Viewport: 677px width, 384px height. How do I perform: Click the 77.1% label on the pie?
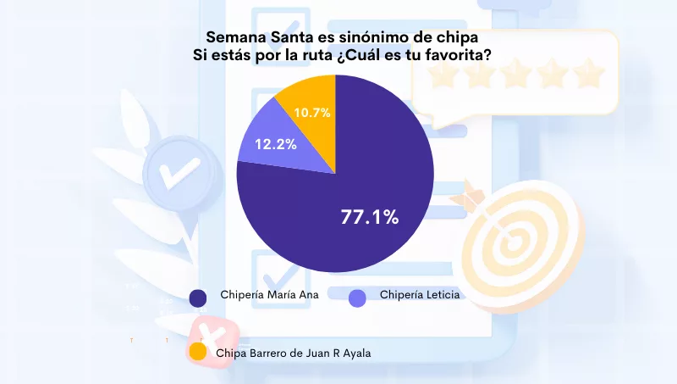[x=369, y=217]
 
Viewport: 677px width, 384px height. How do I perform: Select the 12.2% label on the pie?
[x=276, y=144]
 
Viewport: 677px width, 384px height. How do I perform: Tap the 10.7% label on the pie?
[x=312, y=112]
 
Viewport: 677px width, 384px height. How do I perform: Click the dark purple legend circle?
[x=198, y=298]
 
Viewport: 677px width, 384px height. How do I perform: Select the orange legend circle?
[x=198, y=352]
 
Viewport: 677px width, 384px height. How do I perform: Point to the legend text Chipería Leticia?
[x=420, y=295]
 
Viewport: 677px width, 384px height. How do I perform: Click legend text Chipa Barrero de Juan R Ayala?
[x=294, y=352]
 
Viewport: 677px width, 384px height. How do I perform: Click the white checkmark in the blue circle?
[x=175, y=173]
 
